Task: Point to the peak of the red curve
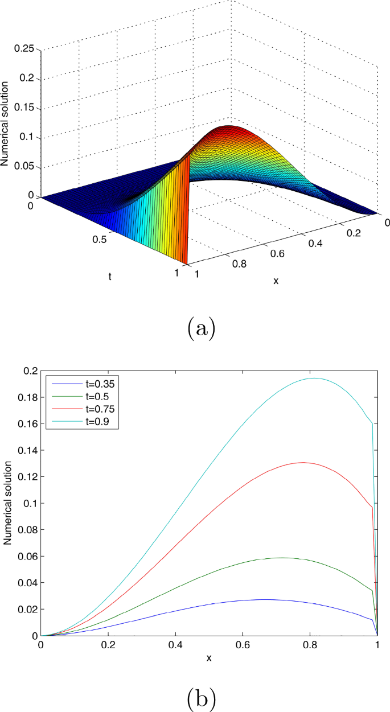[302, 462]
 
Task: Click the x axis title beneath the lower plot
[209, 658]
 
